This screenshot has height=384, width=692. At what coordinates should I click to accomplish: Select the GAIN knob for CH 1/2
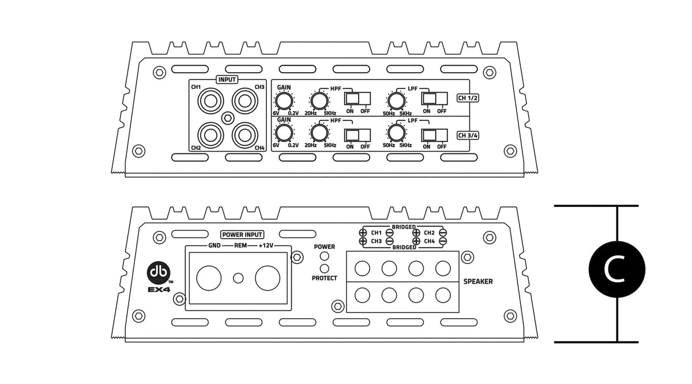[283, 101]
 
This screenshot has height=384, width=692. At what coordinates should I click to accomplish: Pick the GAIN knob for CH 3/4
[283, 134]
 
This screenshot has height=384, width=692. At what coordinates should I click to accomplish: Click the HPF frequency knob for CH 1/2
[318, 101]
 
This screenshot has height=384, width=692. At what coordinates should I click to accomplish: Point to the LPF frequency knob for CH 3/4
[396, 134]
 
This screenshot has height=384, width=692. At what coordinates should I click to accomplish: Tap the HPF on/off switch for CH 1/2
[357, 99]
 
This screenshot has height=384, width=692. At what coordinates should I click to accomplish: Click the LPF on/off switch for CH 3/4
[434, 135]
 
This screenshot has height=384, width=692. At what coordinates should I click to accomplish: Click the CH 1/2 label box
[468, 98]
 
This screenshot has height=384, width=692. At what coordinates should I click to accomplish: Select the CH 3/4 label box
[468, 135]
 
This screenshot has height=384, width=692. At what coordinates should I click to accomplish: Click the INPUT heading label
[227, 80]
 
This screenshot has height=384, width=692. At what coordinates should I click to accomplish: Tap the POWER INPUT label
[242, 235]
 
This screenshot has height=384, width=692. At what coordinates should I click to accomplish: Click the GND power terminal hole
[209, 278]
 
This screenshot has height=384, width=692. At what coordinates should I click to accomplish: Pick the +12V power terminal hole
[267, 278]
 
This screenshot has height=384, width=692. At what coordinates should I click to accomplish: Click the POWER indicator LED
[325, 257]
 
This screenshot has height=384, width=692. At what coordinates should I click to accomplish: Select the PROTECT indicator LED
[325, 268]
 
